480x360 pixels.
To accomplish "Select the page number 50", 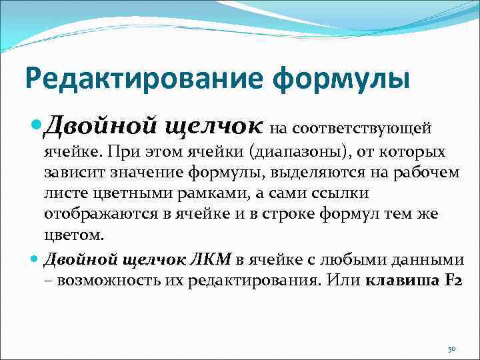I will (451, 349).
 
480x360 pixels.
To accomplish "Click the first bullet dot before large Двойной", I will (36, 125).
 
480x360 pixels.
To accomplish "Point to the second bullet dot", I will (35, 258).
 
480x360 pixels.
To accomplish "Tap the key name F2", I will (451, 280).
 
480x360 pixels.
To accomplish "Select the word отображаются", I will (94, 215).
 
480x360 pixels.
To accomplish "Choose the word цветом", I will (73, 236).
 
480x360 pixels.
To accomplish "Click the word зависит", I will (73, 173).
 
